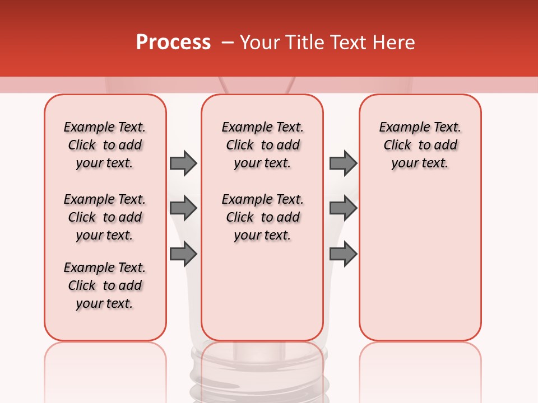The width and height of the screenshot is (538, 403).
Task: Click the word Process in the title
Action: coord(173,42)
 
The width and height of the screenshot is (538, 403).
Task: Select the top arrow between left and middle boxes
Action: coord(183,163)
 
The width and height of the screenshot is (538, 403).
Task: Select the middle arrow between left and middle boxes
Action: coord(183,208)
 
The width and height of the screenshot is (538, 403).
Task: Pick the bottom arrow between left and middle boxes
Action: coord(183,254)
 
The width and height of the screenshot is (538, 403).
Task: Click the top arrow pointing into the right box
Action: coord(343,163)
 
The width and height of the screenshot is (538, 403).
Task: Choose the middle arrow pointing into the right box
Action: coord(343,208)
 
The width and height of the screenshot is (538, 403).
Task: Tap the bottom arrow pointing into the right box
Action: coord(343,254)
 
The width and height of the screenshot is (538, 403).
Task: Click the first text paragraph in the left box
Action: coord(105,145)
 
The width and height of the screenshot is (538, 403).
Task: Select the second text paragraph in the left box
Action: coord(105,217)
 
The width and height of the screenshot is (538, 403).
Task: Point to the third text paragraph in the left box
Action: coord(105,285)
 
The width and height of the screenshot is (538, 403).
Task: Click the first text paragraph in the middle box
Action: coord(262,145)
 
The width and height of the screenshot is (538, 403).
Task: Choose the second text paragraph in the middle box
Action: coord(262,217)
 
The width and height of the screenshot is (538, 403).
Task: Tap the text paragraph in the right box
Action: coord(420,145)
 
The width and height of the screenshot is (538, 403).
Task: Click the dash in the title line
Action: coord(228,43)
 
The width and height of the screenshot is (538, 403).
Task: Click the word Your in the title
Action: coord(259,43)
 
